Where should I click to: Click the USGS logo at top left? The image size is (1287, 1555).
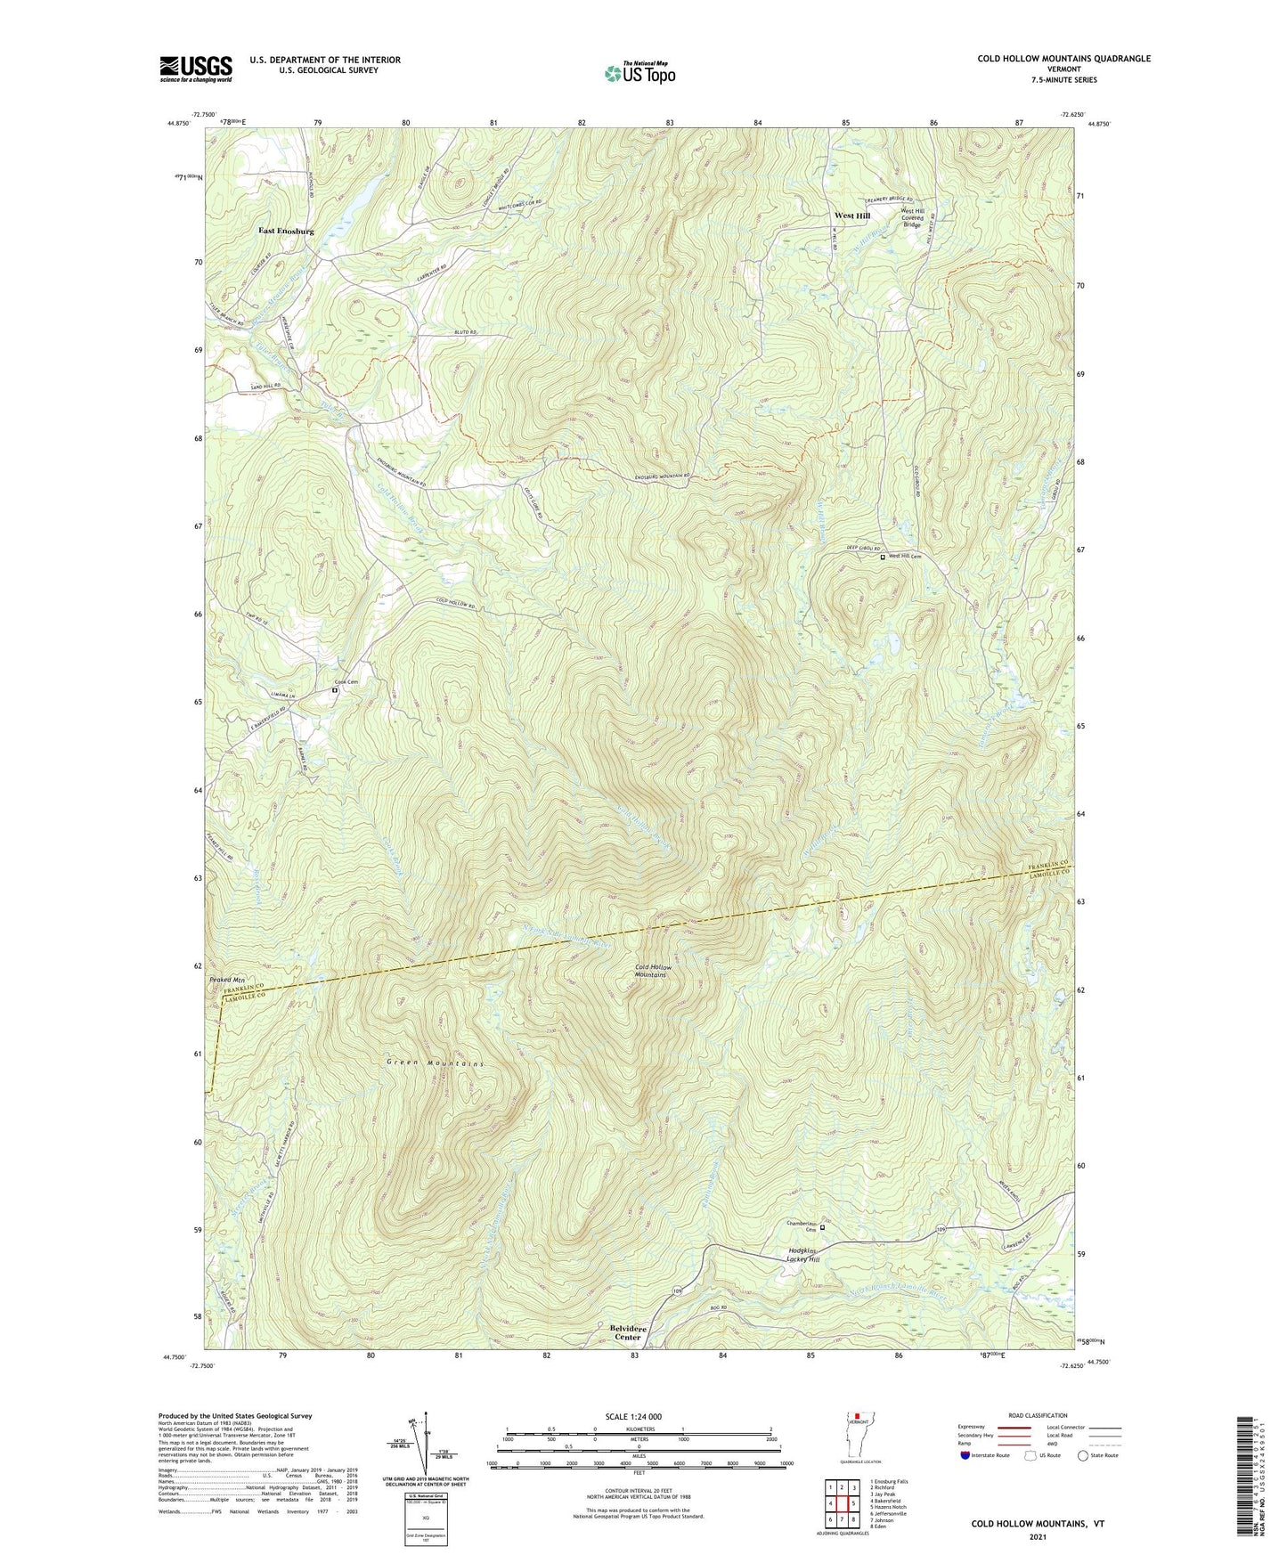pos(196,69)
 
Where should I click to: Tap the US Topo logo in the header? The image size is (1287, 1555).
pos(639,73)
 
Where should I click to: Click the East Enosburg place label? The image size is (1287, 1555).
pos(286,231)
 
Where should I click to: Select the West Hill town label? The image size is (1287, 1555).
pos(851,216)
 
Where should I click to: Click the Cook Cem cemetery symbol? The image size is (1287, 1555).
pos(336,690)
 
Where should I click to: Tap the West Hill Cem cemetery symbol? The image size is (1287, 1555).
pos(883,558)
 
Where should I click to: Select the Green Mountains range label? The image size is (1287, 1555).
pos(436,1064)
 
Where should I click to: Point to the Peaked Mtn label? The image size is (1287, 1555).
pos(226,981)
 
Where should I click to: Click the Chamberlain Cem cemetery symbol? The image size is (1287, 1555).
pos(822,1227)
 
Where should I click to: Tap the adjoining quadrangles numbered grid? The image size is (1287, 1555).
pos(841,1505)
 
